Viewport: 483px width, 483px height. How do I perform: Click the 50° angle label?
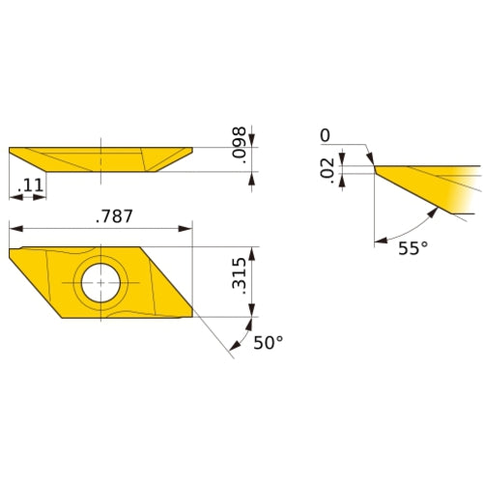(268, 344)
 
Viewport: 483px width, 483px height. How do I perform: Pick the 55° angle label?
(412, 249)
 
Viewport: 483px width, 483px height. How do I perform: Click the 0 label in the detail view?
(326, 134)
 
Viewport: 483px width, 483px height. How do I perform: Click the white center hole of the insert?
(100, 283)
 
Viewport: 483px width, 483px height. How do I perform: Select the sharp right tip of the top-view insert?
(191, 249)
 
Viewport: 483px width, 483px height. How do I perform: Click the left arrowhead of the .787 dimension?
(14, 229)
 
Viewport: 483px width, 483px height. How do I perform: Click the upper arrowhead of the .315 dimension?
(252, 253)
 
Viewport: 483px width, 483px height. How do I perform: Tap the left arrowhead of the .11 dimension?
(14, 197)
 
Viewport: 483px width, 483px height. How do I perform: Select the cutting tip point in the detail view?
(374, 166)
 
